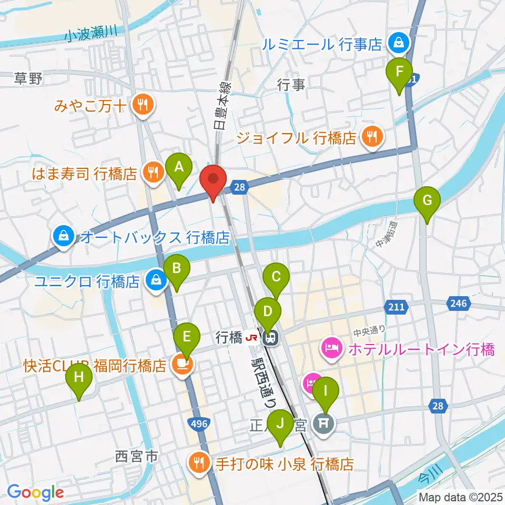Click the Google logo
(x=35, y=492)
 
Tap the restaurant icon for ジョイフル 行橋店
(x=372, y=138)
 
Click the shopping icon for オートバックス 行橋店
(x=64, y=237)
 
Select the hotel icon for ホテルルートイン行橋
(x=332, y=348)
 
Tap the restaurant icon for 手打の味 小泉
(x=199, y=463)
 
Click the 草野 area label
(x=28, y=79)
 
